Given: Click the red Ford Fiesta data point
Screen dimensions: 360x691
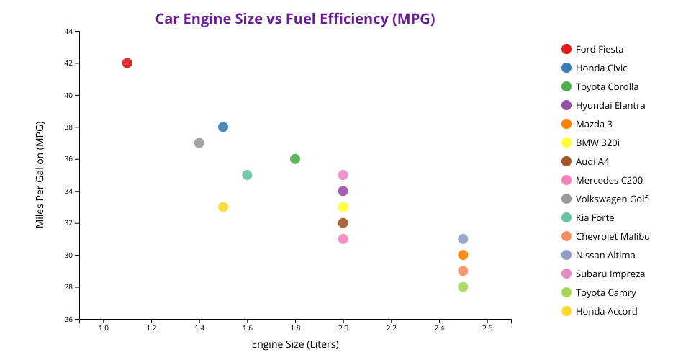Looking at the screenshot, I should click(127, 63).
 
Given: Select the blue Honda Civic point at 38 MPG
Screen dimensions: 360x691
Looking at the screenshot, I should click(223, 127).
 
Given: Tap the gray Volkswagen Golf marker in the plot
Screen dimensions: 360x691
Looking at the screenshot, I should click(199, 143).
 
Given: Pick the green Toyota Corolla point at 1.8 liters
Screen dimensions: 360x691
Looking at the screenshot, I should click(295, 159).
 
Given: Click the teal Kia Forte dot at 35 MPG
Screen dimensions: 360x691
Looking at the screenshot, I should click(247, 175).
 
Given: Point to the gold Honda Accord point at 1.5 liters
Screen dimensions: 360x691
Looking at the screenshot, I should click(223, 207).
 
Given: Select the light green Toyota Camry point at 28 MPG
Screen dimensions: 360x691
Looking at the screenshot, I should click(463, 287).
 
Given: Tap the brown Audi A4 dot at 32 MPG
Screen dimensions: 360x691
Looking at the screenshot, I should click(343, 223).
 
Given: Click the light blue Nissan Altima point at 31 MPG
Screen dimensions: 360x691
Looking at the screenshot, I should click(463, 239).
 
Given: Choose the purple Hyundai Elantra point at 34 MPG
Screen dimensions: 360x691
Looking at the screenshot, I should click(343, 191).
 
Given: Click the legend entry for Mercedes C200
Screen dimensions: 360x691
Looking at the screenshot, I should click(609, 180).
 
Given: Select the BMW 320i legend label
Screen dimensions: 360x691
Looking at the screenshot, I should click(598, 143).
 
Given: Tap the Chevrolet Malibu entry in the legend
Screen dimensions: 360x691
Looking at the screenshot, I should click(613, 236).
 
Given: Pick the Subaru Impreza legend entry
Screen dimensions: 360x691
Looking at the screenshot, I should click(610, 274).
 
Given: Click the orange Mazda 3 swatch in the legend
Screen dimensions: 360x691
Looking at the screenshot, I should click(566, 124).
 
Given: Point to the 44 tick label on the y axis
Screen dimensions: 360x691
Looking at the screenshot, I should click(68, 32).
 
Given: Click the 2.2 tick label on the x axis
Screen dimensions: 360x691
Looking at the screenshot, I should click(391, 328).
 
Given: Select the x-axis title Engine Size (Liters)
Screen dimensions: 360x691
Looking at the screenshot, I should click(295, 344).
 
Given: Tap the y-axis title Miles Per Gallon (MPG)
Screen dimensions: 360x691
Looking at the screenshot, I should click(40, 175).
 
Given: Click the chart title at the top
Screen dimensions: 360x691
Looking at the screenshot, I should click(295, 19).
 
